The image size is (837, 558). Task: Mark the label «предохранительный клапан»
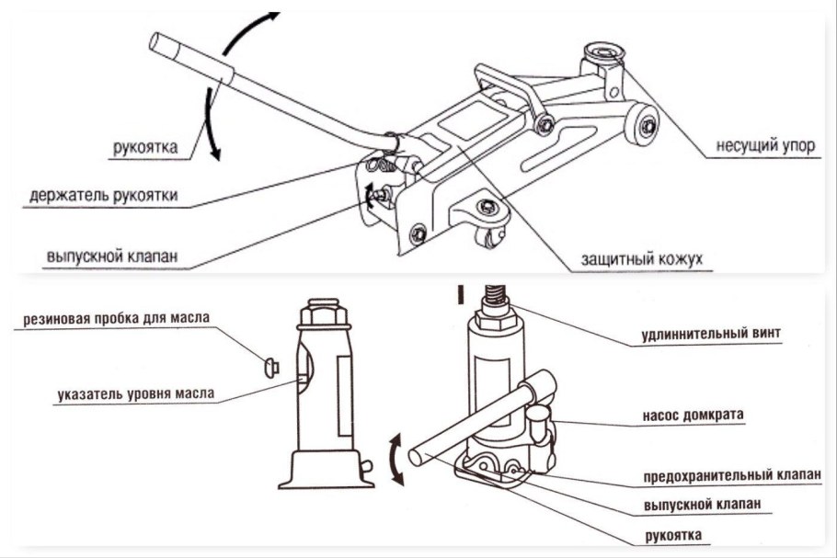[x=729, y=476]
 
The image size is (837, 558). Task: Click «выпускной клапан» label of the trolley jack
[x=110, y=256]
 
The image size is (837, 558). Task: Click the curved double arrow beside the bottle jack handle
[x=396, y=460]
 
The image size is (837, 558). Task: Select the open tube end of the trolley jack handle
[x=157, y=43]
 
